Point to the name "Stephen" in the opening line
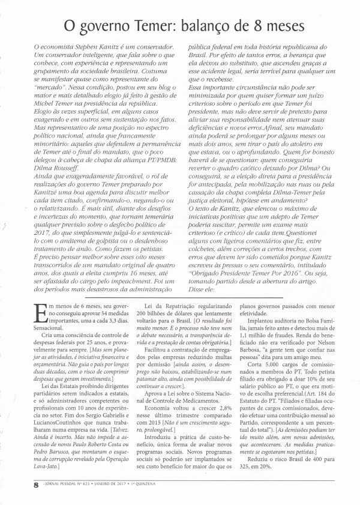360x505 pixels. pyautogui.click(x=102, y=47)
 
